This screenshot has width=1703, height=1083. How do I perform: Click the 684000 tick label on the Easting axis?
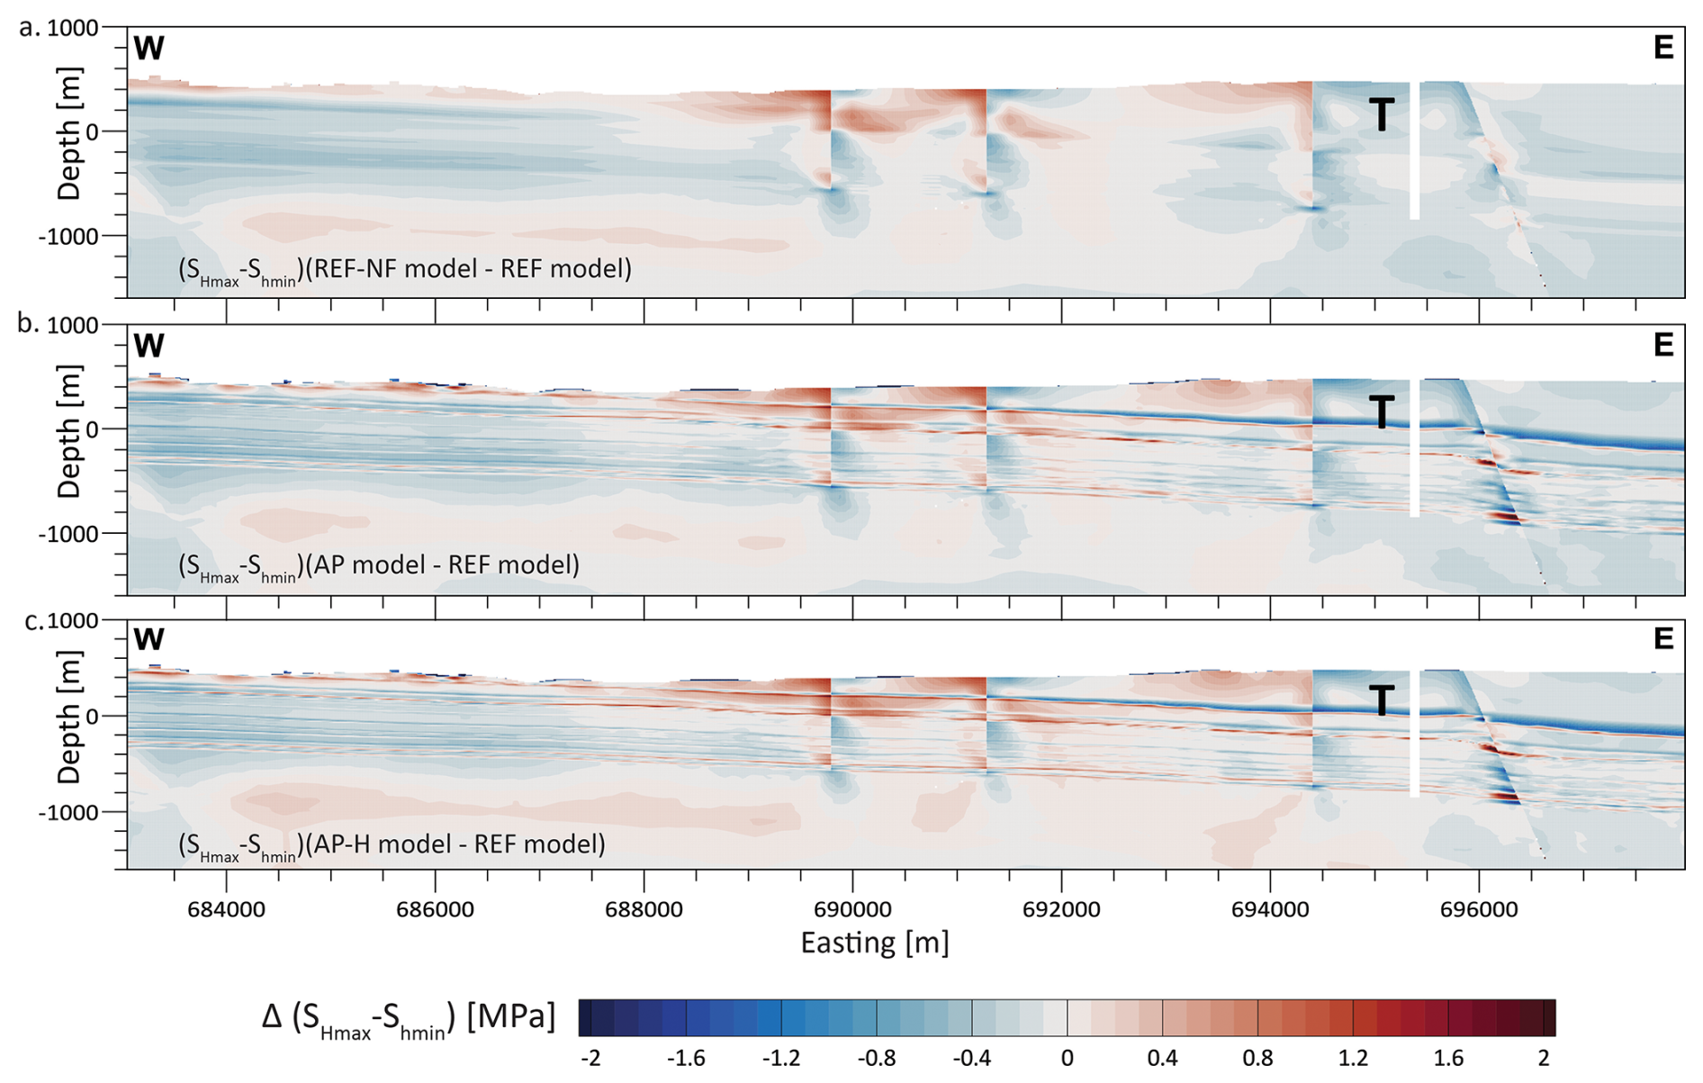coord(226,909)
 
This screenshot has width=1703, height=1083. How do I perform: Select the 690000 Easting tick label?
coord(852,909)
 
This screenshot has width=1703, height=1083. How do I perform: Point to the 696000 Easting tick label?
coord(1479,909)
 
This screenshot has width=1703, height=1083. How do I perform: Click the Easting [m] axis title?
coord(875,943)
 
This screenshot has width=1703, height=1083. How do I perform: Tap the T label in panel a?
coord(1382,115)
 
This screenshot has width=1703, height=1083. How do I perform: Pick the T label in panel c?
coord(1382,700)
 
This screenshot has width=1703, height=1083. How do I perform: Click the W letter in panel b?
coord(149,346)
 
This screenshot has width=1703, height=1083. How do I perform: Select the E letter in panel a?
coord(1663,48)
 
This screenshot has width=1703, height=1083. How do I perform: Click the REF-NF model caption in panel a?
coord(405,269)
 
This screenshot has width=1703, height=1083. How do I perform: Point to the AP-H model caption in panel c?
coord(392,844)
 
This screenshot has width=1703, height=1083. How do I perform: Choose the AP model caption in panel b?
coord(379,565)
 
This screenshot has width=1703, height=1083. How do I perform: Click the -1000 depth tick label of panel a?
coord(68,236)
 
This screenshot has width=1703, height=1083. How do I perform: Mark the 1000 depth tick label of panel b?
coord(73,325)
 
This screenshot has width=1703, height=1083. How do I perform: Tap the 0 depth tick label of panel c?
coord(91,717)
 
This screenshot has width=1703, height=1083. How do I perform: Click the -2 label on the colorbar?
coord(590,1058)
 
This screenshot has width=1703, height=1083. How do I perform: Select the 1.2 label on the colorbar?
coord(1353,1058)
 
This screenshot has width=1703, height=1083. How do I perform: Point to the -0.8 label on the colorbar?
coord(876,1058)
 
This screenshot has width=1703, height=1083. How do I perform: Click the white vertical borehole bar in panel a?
coord(1415,150)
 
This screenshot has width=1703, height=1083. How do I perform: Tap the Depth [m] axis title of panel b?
coord(69,431)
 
